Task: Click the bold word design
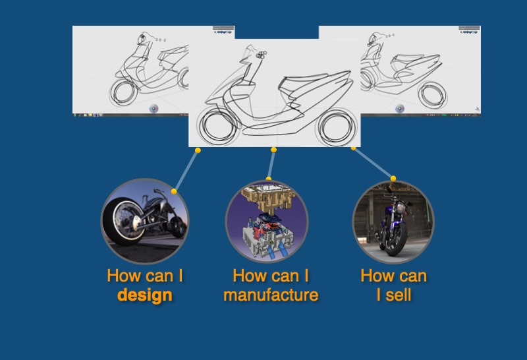145,295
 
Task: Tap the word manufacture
271,295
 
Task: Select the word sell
399,295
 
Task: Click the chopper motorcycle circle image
145,221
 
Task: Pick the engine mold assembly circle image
267,221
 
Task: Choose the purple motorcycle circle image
393,222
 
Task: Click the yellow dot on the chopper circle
174,191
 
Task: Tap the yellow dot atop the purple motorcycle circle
393,178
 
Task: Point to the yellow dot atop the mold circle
269,179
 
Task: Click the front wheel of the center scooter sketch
218,126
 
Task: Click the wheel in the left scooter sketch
123,92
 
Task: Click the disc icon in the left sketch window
153,109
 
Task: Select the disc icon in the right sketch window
400,109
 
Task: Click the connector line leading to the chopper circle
186,171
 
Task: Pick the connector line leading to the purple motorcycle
374,163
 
